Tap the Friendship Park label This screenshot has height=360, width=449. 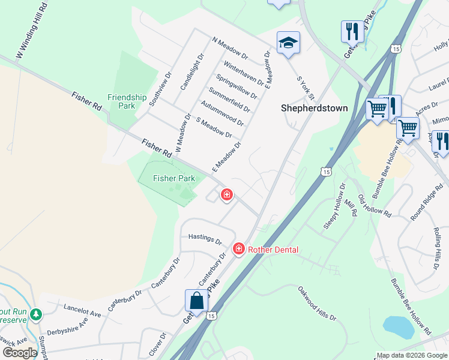(x=127, y=101)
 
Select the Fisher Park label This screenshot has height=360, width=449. (x=174, y=178)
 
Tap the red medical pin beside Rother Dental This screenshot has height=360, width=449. (x=238, y=248)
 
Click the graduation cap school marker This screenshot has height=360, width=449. (x=288, y=43)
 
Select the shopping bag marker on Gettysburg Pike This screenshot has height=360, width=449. (x=197, y=300)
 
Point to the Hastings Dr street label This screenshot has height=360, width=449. (x=205, y=238)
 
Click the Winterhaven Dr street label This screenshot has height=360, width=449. (x=243, y=72)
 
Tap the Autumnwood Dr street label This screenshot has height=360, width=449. (x=223, y=113)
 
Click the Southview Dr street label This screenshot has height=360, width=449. (x=160, y=91)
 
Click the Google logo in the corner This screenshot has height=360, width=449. (x=20, y=353)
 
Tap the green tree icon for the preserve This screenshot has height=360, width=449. (x=37, y=314)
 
